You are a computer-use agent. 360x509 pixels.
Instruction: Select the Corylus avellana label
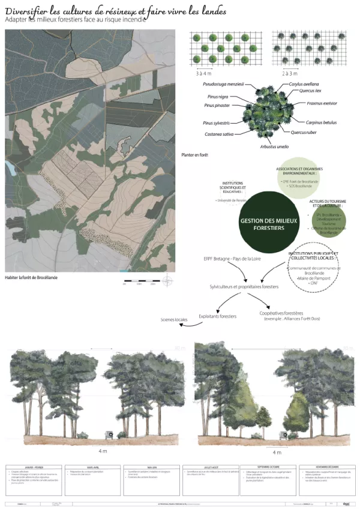coord(304,84)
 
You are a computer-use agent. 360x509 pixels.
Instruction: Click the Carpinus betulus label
coord(322,122)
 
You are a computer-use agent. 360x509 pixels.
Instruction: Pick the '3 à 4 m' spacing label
coord(205,73)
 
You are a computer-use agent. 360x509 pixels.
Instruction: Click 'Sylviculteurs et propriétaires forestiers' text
coord(244,288)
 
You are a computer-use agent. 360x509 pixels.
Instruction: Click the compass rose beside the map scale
coord(167,280)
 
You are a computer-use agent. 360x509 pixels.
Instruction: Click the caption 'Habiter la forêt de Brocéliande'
coord(34,278)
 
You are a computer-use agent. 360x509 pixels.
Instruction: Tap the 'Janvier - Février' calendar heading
coord(34,468)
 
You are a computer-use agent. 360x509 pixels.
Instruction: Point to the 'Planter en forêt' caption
coord(195,155)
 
